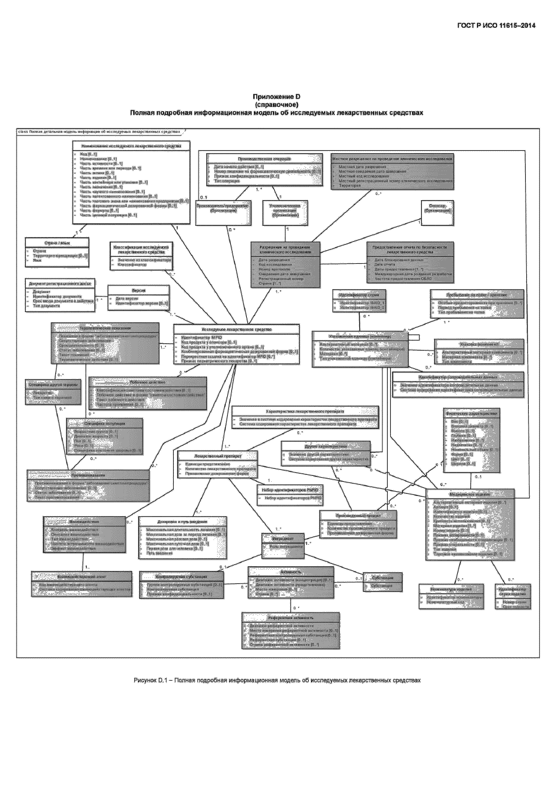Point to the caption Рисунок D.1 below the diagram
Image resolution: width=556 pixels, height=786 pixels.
tap(277, 680)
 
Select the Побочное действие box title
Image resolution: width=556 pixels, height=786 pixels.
tap(147, 382)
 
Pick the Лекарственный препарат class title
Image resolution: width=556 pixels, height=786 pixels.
tap(218, 455)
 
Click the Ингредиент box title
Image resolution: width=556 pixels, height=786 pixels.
tap(283, 537)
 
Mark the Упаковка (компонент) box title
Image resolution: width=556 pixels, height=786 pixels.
tap(479, 343)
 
